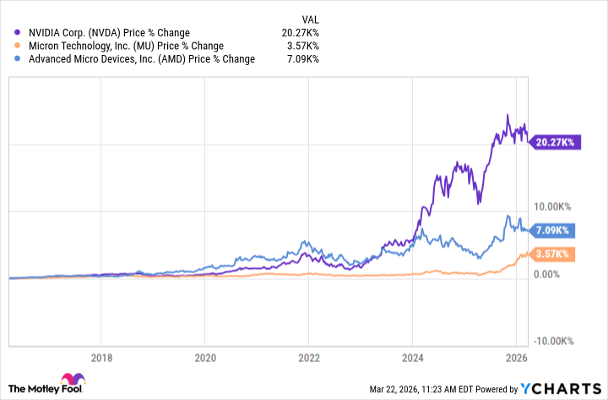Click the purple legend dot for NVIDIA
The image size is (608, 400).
pyautogui.click(x=18, y=33)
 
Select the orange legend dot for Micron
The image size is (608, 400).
pyautogui.click(x=18, y=46)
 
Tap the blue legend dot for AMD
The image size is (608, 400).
pyautogui.click(x=18, y=58)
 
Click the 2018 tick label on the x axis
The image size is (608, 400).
pyautogui.click(x=101, y=358)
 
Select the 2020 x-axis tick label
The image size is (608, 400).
pyautogui.click(x=205, y=358)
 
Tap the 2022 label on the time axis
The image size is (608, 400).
pyautogui.click(x=309, y=358)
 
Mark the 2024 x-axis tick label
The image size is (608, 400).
pyautogui.click(x=413, y=358)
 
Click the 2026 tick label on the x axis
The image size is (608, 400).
pyautogui.click(x=516, y=358)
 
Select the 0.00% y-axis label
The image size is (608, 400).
pyautogui.click(x=547, y=274)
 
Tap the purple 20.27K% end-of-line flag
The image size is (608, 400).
pyautogui.click(x=555, y=143)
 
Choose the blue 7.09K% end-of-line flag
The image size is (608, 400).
pyautogui.click(x=555, y=229)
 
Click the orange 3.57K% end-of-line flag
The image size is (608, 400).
pyautogui.click(x=555, y=254)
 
